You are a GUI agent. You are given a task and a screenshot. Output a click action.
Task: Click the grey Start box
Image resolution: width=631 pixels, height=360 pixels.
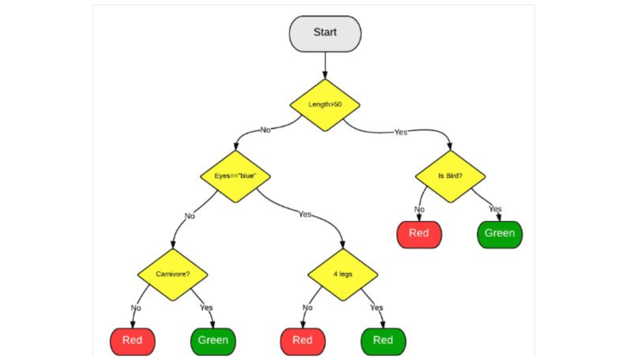(325, 34)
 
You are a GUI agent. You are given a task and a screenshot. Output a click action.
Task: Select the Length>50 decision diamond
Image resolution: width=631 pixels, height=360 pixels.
(325, 105)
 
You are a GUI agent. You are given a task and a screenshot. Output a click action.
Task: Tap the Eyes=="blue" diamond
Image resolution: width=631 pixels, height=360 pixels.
(235, 176)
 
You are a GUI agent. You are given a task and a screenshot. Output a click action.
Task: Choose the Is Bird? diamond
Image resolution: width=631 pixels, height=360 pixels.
(450, 176)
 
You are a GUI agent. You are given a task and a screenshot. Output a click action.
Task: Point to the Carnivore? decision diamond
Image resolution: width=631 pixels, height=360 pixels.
(173, 274)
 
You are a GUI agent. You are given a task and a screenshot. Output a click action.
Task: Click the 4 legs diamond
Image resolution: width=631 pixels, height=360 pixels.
(343, 274)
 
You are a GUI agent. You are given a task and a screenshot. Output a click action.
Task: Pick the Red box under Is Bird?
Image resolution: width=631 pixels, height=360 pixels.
(419, 235)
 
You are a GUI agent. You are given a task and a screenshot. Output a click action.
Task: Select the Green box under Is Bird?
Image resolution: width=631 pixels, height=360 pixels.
(500, 235)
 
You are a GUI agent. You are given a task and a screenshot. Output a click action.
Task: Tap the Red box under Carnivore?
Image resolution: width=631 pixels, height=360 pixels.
(132, 341)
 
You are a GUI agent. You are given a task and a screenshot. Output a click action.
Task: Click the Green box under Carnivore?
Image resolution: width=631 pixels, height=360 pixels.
(213, 341)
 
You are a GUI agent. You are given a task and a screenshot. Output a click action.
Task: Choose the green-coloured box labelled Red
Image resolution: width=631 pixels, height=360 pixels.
(383, 341)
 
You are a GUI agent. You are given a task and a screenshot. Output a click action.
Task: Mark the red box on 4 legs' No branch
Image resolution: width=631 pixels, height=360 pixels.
(303, 341)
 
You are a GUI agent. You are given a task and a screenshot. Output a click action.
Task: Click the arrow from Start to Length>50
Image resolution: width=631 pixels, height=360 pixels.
(325, 65)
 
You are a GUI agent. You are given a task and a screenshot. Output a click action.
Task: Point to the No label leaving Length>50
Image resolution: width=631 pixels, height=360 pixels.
(265, 130)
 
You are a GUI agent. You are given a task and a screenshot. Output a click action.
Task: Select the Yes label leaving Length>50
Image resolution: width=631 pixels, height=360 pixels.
(401, 132)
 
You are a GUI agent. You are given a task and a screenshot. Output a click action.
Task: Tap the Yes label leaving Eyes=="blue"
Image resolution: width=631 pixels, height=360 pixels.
(305, 214)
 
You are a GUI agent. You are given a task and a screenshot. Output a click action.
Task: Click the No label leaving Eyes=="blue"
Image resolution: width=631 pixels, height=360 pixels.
(190, 216)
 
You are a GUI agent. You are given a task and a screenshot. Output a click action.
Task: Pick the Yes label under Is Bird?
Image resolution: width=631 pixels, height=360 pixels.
(495, 209)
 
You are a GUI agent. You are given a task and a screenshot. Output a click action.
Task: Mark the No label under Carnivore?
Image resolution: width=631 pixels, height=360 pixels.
(136, 308)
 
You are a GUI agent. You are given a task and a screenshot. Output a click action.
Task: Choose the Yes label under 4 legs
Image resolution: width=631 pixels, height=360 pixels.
(377, 308)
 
